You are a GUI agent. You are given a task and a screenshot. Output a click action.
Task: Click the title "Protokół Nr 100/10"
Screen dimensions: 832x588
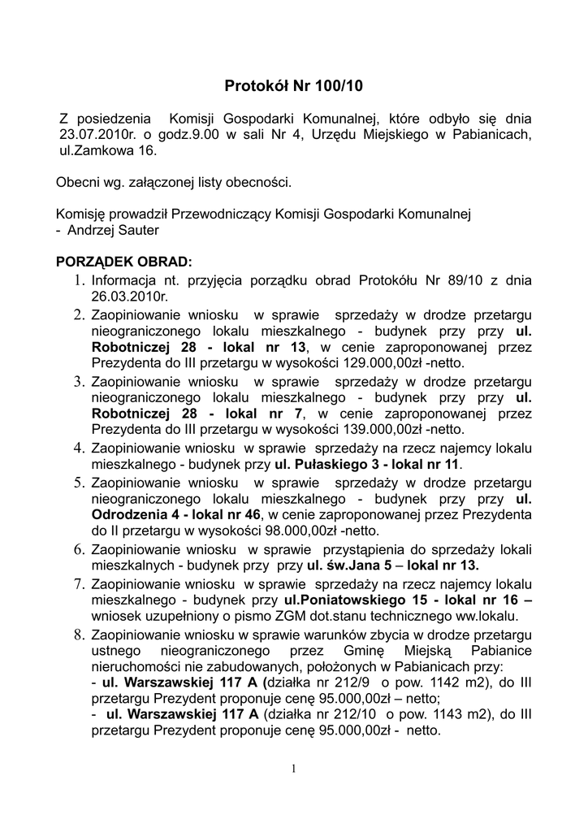pyautogui.click(x=294, y=84)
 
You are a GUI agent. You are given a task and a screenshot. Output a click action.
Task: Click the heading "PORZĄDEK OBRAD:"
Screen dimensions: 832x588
pyautogui.click(x=123, y=262)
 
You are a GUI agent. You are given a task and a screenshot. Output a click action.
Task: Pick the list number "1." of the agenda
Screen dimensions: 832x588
pyautogui.click(x=80, y=280)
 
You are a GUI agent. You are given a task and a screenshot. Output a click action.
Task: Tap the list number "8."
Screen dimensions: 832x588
pyautogui.click(x=80, y=634)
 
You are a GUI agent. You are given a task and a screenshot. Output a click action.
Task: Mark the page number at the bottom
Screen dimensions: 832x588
pyautogui.click(x=294, y=769)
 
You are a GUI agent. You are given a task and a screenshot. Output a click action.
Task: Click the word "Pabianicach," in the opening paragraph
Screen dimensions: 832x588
pyautogui.click(x=492, y=134)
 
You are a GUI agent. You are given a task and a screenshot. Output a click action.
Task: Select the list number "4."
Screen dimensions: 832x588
pyautogui.click(x=80, y=448)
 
